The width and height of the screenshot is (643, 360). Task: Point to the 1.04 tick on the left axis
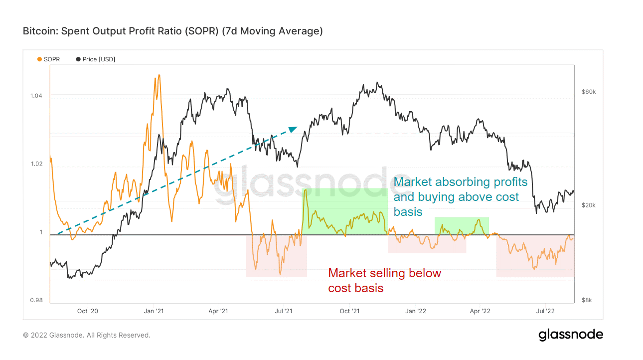coord(36,96)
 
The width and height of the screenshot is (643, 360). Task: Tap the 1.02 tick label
coord(36,164)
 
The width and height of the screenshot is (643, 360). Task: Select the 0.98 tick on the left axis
coord(36,300)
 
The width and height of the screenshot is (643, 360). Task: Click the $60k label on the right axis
coord(589,92)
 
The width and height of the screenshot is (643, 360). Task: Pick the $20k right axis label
coord(589,205)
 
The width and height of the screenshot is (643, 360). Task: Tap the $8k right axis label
coord(587,300)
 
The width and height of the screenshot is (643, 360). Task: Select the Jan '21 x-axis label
coord(154,312)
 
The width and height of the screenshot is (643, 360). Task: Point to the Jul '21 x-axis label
coord(284,312)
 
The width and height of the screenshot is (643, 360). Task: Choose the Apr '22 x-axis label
coord(480,312)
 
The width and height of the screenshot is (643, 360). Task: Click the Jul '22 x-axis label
coord(545,312)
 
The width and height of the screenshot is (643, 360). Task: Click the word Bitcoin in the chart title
coord(39,31)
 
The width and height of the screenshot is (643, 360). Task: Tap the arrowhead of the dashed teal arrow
coord(294,128)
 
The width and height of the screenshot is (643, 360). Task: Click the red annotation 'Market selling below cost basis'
coord(384,280)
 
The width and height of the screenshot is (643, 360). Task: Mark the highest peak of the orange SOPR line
coord(159,75)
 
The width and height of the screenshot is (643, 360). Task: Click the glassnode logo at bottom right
coord(570,335)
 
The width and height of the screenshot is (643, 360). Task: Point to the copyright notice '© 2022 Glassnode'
coord(86,335)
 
